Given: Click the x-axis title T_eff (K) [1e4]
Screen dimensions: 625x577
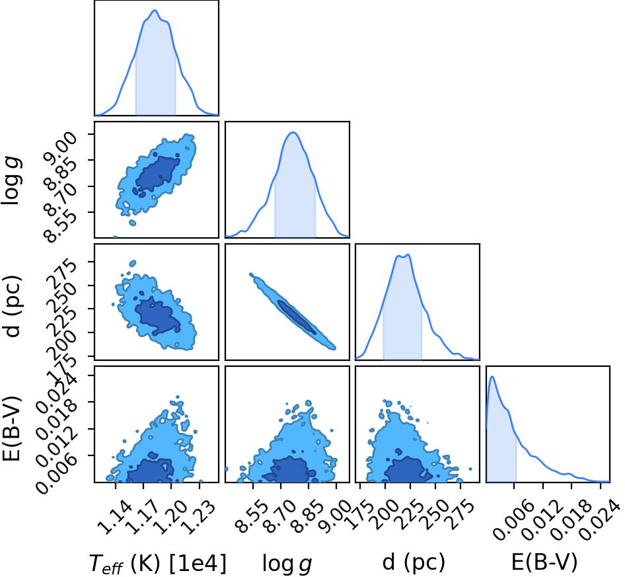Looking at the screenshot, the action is [157, 563].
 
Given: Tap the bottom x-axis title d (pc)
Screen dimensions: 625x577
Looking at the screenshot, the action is [414, 562].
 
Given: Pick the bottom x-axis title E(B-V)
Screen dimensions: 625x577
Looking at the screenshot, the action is [544, 562].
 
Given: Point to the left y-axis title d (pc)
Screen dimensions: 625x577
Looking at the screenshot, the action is [12, 305].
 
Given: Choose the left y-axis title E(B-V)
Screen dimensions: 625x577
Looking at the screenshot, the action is [11, 428].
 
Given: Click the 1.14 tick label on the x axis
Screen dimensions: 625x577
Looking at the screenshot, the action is [114, 518].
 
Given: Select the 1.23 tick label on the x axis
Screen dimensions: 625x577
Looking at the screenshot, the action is [198, 518].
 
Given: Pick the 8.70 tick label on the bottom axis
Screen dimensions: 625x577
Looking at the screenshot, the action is [281, 518].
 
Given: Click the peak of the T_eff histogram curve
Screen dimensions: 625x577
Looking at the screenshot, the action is [155, 11].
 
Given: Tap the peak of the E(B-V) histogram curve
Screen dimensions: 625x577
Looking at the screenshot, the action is [493, 376].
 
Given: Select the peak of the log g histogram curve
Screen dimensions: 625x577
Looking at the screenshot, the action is [293, 132].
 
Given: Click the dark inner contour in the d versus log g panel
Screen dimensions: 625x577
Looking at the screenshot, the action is [297, 317].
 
